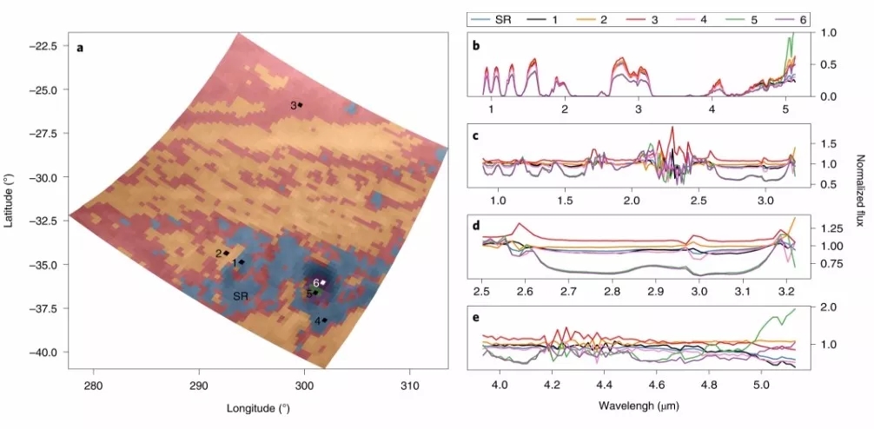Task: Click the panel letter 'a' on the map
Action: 80,48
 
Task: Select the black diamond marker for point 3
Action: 301,105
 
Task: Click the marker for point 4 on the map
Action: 325,320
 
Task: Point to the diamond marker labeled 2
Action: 227,253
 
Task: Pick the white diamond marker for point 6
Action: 323,282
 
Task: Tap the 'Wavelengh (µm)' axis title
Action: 642,406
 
